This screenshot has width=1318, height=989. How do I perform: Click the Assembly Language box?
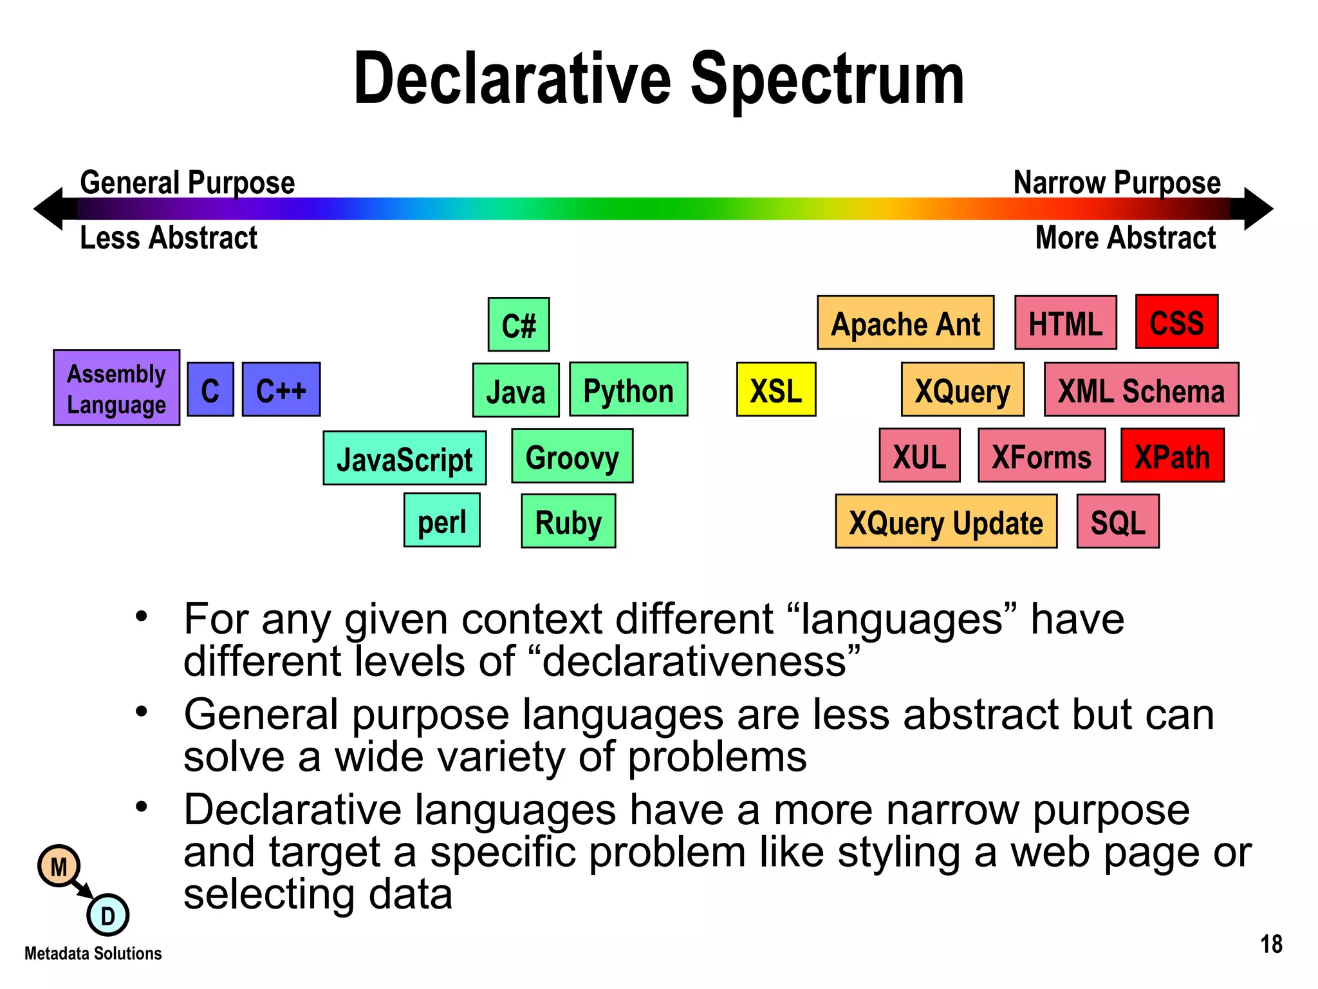click(x=116, y=388)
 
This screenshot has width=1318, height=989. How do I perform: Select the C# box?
click(x=519, y=325)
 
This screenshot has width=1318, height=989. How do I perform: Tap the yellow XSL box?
click(x=776, y=390)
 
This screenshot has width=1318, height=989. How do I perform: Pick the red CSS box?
click(x=1176, y=322)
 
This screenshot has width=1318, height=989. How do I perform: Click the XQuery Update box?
click(x=946, y=522)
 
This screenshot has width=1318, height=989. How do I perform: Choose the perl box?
click(x=442, y=520)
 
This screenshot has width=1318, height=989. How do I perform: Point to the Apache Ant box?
click(x=905, y=323)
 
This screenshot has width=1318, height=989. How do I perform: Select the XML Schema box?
click(x=1141, y=390)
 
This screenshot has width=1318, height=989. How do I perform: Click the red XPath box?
click(x=1172, y=456)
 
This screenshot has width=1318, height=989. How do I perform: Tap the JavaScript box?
click(x=405, y=458)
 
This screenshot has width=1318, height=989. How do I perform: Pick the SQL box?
click(x=1118, y=522)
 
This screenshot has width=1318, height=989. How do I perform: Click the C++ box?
click(x=281, y=390)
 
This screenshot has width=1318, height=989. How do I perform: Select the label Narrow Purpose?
click(x=1117, y=183)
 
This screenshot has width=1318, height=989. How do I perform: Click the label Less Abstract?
click(x=169, y=238)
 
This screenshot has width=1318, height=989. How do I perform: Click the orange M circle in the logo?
click(x=59, y=867)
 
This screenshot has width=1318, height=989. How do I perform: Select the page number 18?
click(x=1271, y=945)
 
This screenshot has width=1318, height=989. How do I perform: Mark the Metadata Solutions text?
click(x=93, y=954)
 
